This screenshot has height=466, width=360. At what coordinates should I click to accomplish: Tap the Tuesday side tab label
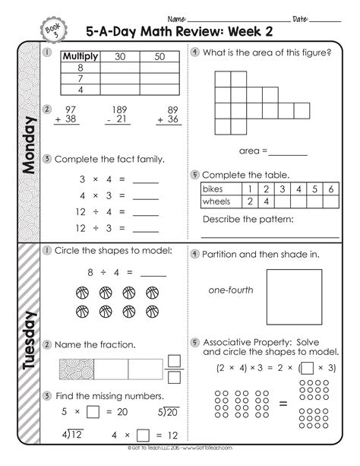click(29, 342)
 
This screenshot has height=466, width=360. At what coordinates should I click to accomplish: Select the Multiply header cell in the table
click(81, 56)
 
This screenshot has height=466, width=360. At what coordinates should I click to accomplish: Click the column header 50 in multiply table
click(159, 56)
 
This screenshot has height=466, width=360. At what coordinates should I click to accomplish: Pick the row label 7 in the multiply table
click(81, 78)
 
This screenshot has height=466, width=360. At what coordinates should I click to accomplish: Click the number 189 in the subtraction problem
click(118, 109)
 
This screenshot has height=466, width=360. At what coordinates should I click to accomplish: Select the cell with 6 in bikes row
click(331, 188)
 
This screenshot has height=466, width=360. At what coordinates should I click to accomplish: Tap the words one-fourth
click(232, 290)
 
